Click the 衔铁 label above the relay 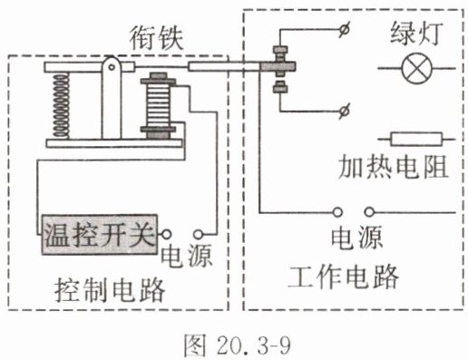pos(157,39)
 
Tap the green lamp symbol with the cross pos(417,68)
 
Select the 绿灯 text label pos(417,34)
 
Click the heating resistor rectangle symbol pos(416,139)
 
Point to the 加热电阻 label pos(393,167)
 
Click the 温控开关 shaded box pos(100,235)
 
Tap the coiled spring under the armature pos(61,106)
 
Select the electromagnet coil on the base pos(159,105)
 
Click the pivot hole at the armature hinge pos(112,66)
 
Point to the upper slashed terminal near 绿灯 pos(344,29)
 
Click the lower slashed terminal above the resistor pos(344,112)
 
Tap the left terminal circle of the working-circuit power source pos(337,212)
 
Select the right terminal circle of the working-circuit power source pos(369,212)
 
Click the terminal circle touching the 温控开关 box pos(166,234)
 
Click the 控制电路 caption pos(110,290)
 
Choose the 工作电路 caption pos(343,277)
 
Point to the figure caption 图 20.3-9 pos(238,345)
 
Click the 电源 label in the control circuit pos(186,256)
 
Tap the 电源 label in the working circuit pos(356,238)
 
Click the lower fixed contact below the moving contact pos(280,87)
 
